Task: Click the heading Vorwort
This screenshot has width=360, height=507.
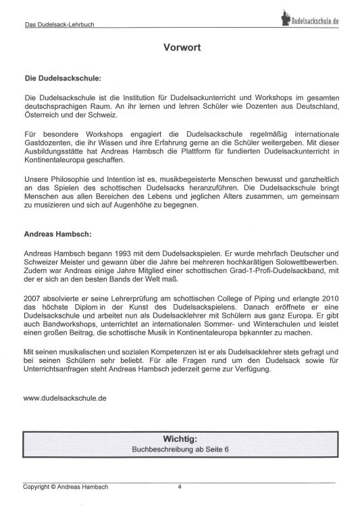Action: point(180,48)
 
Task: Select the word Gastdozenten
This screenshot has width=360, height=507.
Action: point(47,143)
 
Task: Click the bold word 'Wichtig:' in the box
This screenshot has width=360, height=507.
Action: point(180,438)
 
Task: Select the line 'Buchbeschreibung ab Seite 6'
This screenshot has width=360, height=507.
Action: point(180,448)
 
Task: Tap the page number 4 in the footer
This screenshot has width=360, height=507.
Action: point(180,486)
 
